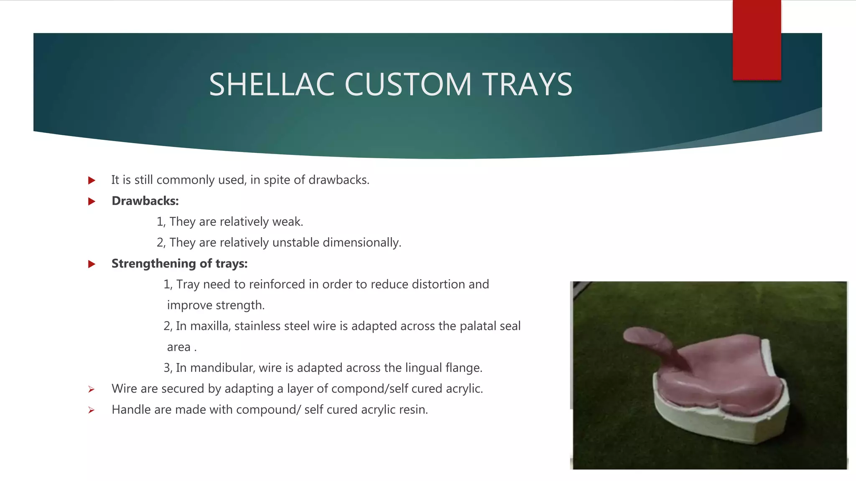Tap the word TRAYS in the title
click(527, 85)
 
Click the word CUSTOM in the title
click(408, 85)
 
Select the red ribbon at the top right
click(757, 40)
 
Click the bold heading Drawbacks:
click(145, 201)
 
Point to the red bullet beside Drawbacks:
click(92, 202)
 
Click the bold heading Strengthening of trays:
click(179, 263)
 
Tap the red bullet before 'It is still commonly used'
click(92, 181)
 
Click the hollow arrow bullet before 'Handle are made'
click(91, 410)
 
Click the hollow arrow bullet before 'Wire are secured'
click(91, 390)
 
